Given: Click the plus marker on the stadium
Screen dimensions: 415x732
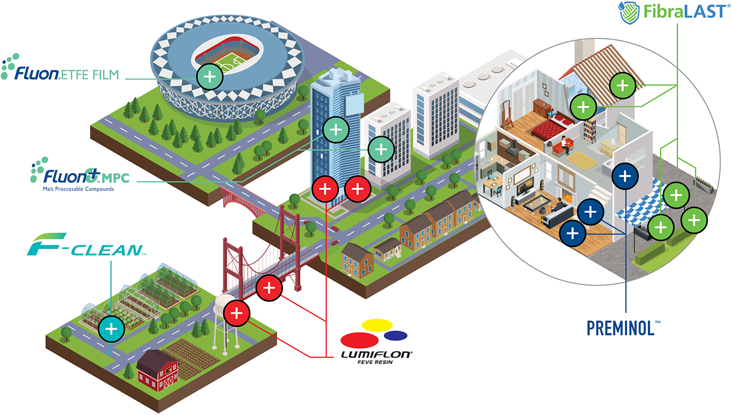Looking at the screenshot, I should [210, 77].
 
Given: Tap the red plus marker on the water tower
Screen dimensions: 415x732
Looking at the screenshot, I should [236, 313].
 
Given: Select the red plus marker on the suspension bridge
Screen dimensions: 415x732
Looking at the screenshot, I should [269, 287].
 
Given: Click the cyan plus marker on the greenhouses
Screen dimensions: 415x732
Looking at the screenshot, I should [111, 329].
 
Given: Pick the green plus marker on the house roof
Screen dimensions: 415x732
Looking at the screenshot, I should [622, 85].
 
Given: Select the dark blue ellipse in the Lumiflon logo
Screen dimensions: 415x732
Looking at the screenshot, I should [395, 335].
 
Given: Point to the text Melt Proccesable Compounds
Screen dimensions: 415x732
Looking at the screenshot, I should [78, 188].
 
